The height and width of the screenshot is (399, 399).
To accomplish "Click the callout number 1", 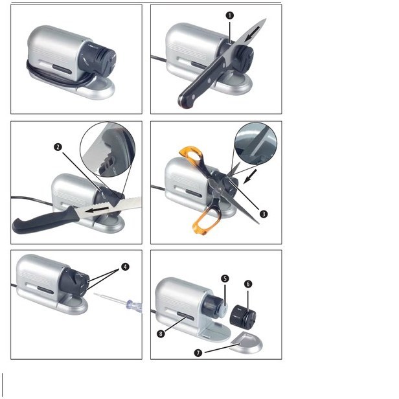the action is click(x=229, y=16).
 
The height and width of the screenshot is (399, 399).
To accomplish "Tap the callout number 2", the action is click(x=58, y=147).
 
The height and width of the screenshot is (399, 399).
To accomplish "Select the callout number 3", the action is click(x=264, y=214).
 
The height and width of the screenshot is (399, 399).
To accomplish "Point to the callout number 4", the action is click(x=125, y=267).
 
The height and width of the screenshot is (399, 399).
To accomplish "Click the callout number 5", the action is click(x=225, y=279).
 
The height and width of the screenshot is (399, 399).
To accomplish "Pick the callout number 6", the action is click(x=248, y=284).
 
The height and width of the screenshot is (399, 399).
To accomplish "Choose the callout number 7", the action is click(x=198, y=352).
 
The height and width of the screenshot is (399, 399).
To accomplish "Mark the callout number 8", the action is click(x=161, y=334).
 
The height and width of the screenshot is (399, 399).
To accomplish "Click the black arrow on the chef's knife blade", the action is click(x=253, y=33).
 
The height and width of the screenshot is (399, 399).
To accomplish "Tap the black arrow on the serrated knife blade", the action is click(x=97, y=210).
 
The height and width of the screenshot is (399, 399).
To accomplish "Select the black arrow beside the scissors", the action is click(x=250, y=177).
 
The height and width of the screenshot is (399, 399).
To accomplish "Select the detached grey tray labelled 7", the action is click(x=246, y=343).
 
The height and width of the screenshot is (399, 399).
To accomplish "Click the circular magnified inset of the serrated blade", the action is click(x=108, y=150).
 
